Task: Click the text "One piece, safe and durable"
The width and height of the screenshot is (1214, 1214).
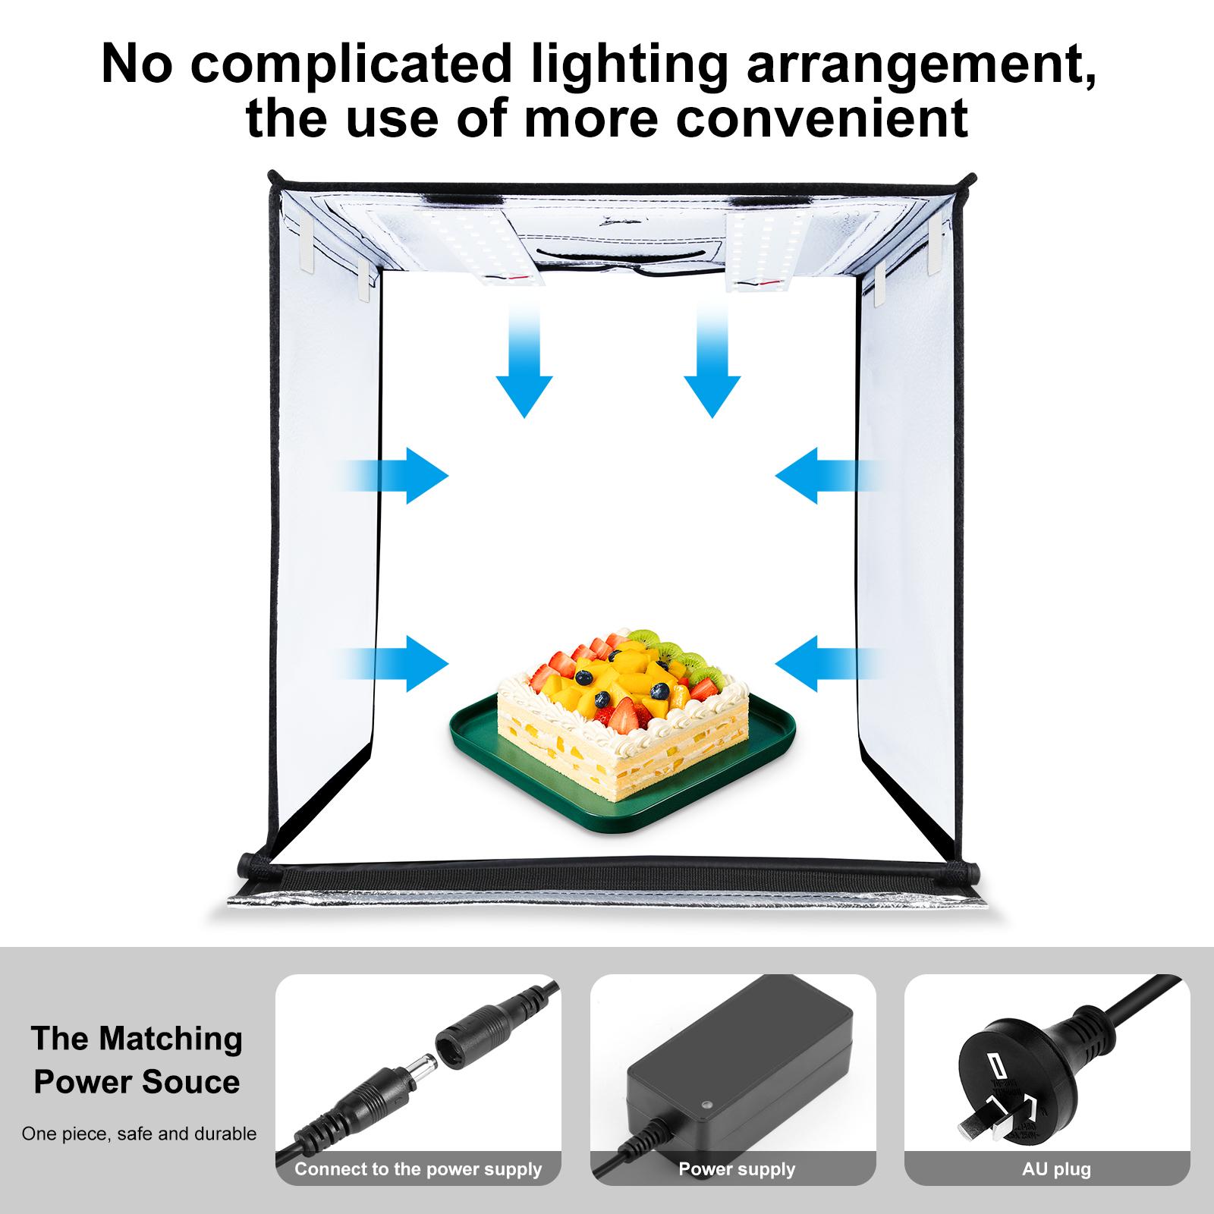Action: [139, 1134]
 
